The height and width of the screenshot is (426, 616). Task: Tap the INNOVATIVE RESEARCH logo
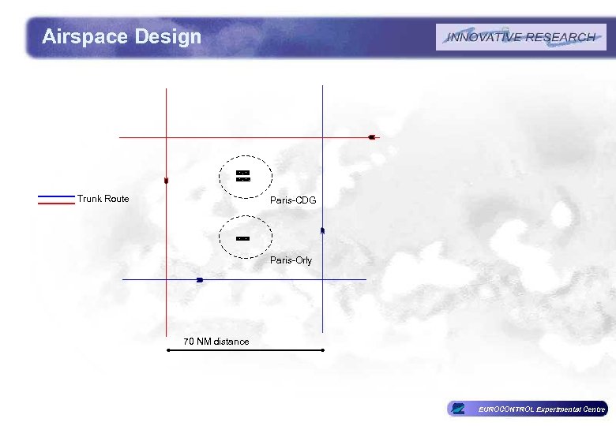[x=520, y=37]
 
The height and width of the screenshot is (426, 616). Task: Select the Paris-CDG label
[x=293, y=200]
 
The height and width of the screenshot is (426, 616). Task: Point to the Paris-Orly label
[x=291, y=260]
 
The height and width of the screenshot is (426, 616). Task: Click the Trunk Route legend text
[x=103, y=199]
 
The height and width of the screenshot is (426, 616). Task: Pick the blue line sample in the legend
[x=55, y=196]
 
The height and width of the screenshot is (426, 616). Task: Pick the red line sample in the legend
[x=55, y=203]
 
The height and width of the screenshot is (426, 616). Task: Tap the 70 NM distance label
[x=216, y=342]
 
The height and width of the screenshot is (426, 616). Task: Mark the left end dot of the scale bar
[x=168, y=349]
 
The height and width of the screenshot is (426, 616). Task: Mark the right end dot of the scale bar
[x=323, y=349]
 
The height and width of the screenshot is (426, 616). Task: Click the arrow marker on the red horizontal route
[x=370, y=137]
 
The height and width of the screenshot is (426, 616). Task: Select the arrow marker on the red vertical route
[x=166, y=181]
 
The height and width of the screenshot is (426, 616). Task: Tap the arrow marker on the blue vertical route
[x=323, y=230]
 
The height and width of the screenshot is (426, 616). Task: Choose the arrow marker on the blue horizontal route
[x=200, y=280]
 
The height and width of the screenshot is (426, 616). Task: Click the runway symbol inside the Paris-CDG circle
[x=243, y=176]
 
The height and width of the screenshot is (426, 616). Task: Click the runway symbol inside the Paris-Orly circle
[x=242, y=237]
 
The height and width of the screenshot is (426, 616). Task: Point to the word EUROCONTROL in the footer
[x=506, y=409]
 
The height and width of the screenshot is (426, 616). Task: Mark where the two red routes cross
[x=167, y=137]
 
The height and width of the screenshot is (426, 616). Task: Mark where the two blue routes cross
[x=323, y=280]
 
